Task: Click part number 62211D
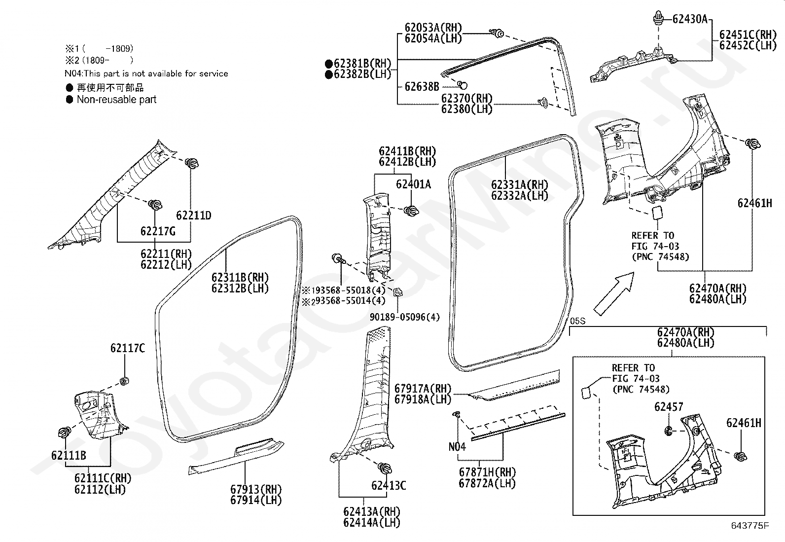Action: pos(193,215)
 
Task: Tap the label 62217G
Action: pos(158,231)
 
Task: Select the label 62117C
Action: pos(128,348)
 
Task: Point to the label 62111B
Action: pos(69,455)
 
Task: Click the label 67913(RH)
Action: pos(256,489)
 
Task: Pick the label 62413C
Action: pos(389,486)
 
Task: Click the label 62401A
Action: pos(414,184)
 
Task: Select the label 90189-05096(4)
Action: pos(405,317)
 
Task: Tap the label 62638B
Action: pos(422,86)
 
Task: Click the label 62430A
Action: pos(690,19)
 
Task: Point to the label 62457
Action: pos(669,407)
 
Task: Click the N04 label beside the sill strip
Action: pos(457,447)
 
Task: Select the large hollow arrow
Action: pos(614,294)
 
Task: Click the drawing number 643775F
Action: pos(750,526)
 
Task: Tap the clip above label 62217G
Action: pos(155,204)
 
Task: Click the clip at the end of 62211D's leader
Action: pos(191,163)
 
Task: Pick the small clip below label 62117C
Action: pos(124,381)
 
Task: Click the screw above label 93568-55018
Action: pos(338,259)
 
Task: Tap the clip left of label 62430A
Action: pos(659,18)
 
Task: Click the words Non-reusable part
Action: pos(116,100)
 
